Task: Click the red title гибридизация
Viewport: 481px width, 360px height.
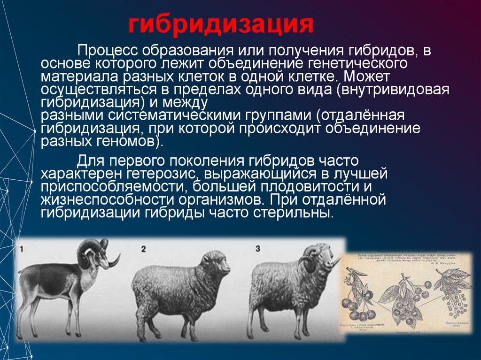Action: pos(221,24)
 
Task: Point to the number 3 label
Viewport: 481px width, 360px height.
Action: pos(257,249)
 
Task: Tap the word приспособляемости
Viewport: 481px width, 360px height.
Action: pos(109,187)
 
